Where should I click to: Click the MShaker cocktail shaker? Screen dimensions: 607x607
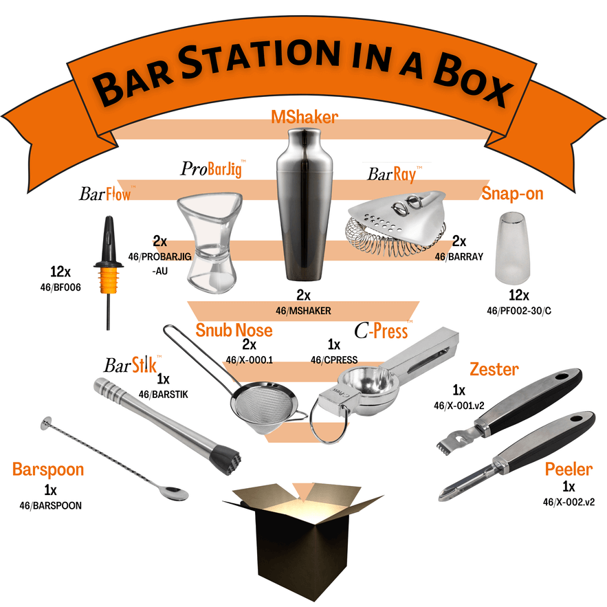305,204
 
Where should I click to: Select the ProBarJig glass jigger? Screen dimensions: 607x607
210,242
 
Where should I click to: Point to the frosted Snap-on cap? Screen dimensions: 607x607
513,247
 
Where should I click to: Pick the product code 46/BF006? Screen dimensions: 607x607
60,287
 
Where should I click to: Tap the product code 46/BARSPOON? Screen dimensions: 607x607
50,505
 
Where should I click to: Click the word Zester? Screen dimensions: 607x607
494,369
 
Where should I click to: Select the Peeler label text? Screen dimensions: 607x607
569,470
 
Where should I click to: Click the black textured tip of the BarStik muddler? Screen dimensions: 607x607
225,459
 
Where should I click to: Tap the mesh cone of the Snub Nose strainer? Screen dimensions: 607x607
265,408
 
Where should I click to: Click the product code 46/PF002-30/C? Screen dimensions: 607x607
519,311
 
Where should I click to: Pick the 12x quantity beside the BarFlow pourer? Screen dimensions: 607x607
60,272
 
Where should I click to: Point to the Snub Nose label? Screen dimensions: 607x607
234,330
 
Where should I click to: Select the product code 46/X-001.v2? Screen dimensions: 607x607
459,406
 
